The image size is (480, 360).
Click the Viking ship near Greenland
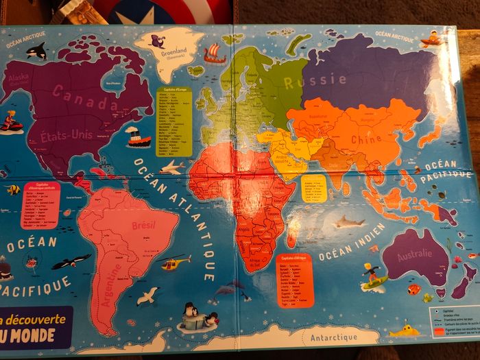coord(214,53)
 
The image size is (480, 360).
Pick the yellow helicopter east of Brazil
coord(175,261)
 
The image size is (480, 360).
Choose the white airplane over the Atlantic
coord(172,167)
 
